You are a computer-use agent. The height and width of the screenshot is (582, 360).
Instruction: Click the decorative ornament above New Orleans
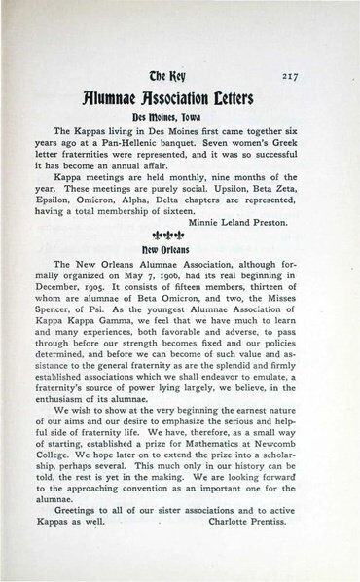(x=179, y=235)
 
